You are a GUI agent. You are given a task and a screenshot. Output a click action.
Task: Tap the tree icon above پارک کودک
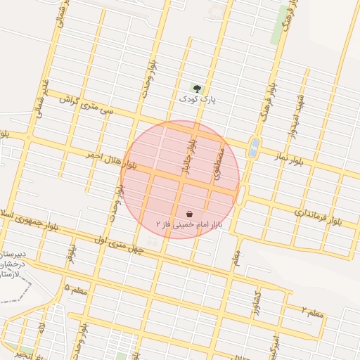click(x=198, y=89)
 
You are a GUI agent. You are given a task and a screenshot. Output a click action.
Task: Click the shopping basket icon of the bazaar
click(x=189, y=212)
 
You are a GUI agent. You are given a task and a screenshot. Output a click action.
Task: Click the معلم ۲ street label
click(x=314, y=310)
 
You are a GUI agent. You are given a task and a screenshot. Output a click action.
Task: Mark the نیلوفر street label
click(x=70, y=250)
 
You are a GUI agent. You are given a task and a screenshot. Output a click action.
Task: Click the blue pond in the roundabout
click(x=254, y=148)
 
